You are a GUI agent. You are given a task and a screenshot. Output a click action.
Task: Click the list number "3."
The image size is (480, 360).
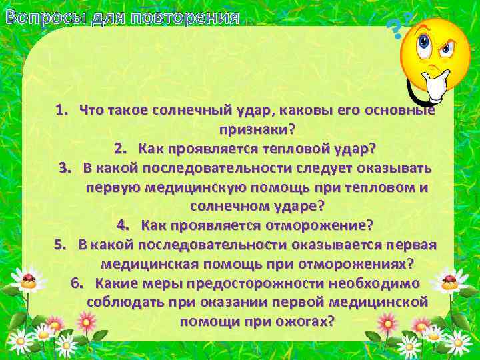click(x=67, y=167)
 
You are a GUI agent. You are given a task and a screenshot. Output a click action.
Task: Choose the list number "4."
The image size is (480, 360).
click(x=124, y=225)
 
